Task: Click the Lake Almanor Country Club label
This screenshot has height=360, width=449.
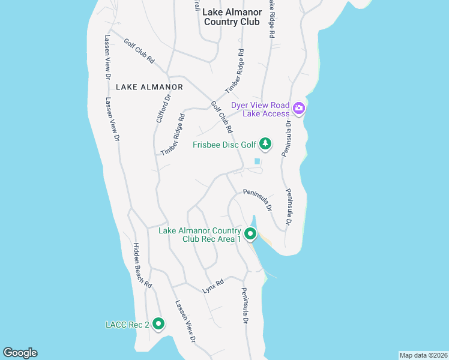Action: [232, 17]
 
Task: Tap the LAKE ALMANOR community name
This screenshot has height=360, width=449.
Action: [140, 87]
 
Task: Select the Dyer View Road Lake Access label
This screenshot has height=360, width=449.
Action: [261, 109]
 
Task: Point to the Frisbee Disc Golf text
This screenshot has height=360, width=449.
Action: [224, 145]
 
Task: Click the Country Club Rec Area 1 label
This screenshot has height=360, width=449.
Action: [200, 235]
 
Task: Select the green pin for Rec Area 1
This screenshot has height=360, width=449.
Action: [251, 233]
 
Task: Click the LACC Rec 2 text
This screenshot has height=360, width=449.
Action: [127, 325]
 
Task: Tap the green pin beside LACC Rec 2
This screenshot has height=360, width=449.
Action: [158, 324]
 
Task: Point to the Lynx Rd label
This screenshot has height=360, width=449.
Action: [213, 286]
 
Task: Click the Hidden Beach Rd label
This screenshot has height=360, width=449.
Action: [142, 266]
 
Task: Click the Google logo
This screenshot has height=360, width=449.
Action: [20, 353]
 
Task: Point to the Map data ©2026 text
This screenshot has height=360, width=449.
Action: [423, 355]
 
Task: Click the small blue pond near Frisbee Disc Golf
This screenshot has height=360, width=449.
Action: [258, 161]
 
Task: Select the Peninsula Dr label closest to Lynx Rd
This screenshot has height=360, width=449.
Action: [246, 306]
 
